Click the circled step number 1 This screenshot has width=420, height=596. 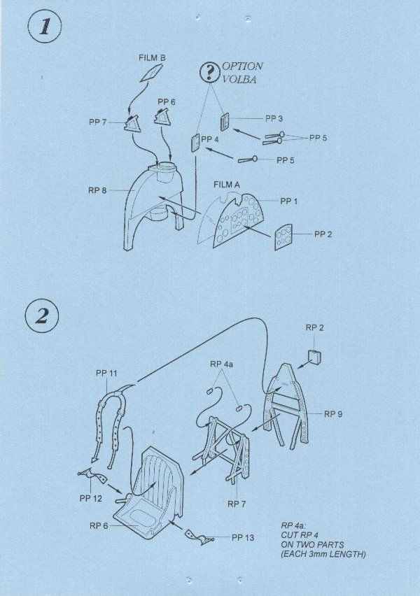pyautogui.click(x=45, y=27)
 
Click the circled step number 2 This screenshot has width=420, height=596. pyautogui.click(x=42, y=317)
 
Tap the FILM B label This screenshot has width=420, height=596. pyautogui.click(x=152, y=58)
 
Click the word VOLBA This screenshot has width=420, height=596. pyautogui.click(x=239, y=80)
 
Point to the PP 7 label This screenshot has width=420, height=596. pyautogui.click(x=97, y=122)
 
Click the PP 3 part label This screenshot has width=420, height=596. pyautogui.click(x=274, y=118)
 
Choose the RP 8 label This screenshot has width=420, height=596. pyautogui.click(x=97, y=190)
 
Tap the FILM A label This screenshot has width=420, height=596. pyautogui.click(x=227, y=185)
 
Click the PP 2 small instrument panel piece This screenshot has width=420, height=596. pyautogui.click(x=283, y=237)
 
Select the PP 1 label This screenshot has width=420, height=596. pyautogui.click(x=288, y=201)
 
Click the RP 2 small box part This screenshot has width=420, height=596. pyautogui.click(x=314, y=356)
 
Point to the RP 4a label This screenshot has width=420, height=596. pyautogui.click(x=221, y=364)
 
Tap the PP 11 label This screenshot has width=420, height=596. pyautogui.click(x=106, y=374)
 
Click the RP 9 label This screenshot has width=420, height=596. pyautogui.click(x=333, y=414)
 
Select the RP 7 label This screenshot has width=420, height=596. pyautogui.click(x=237, y=504)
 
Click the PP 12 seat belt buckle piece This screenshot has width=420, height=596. pyautogui.click(x=92, y=475)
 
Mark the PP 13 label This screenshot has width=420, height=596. pyautogui.click(x=243, y=537)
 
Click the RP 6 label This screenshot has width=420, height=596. pyautogui.click(x=99, y=525)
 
